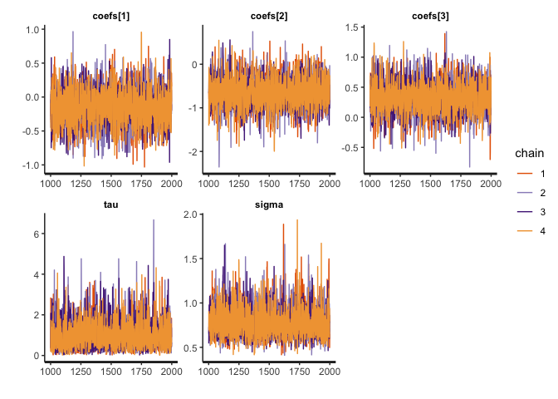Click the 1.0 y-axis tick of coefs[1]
click(33, 30)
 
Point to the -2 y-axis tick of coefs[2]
click(195, 152)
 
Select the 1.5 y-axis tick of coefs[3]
click(352, 28)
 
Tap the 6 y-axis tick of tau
click(38, 234)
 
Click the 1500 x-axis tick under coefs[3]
click(429, 185)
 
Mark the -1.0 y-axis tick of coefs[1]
click(32, 165)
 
